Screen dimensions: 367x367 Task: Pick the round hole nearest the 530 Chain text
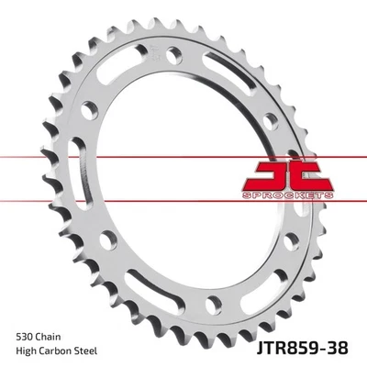click(109, 241)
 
